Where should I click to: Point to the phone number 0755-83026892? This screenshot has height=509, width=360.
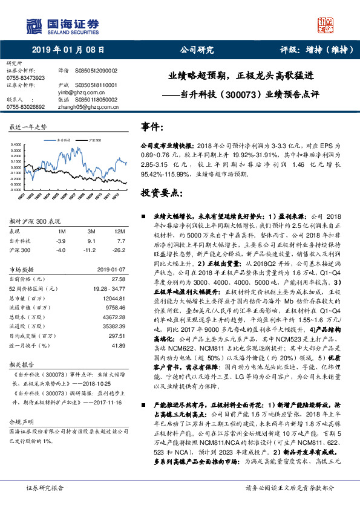25,106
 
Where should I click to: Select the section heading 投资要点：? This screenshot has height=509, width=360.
160,193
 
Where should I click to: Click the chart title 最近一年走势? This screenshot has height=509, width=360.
28,128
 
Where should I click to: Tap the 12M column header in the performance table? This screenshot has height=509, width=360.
119,232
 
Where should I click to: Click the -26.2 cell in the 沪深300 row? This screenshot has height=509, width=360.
119,249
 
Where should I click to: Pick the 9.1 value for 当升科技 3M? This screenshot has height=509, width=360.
91,241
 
